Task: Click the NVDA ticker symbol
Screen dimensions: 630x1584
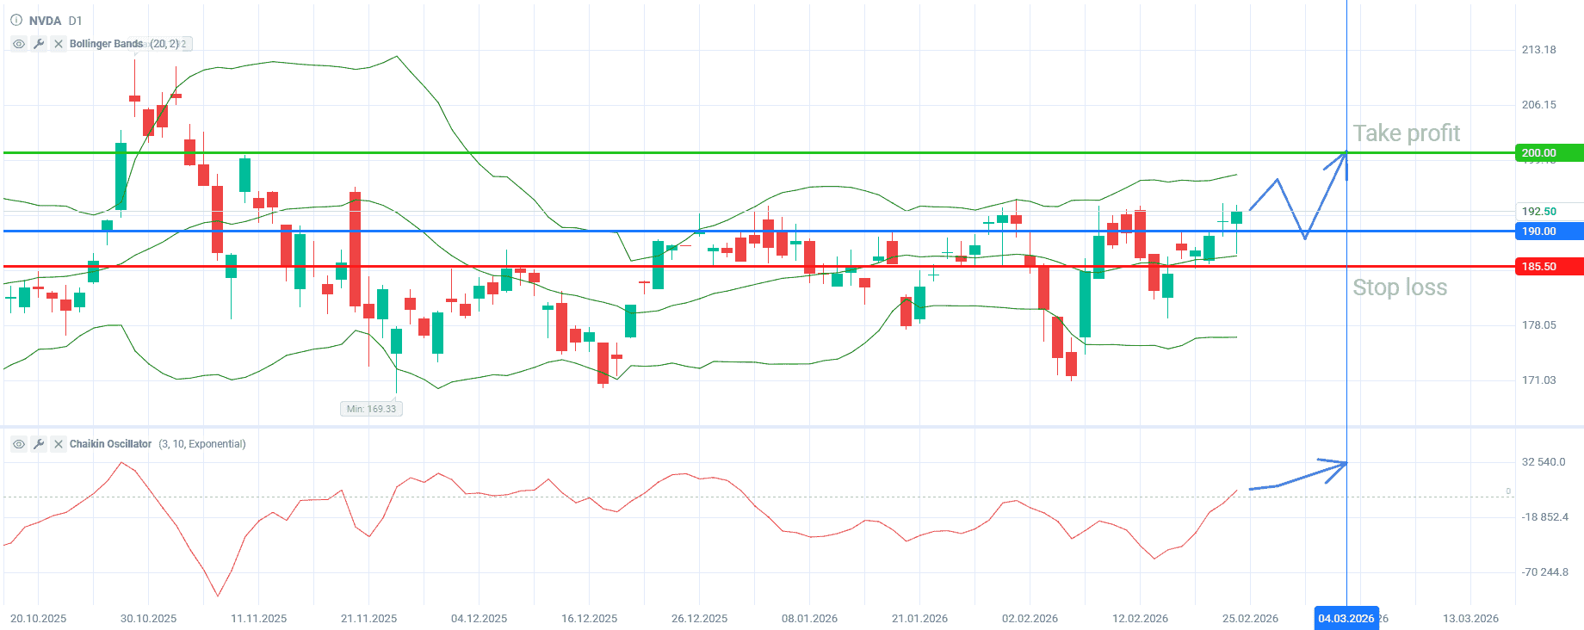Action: [x=45, y=21]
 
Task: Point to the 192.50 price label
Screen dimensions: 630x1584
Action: [x=1538, y=212]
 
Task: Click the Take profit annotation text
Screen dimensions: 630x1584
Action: [x=1406, y=133]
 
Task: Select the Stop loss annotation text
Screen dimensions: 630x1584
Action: [x=1400, y=287]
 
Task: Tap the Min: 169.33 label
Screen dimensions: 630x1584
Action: [x=371, y=409]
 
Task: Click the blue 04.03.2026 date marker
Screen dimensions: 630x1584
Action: [x=1346, y=619]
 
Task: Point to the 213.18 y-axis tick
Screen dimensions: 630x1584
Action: [x=1538, y=50]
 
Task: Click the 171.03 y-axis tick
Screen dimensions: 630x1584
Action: [x=1538, y=380]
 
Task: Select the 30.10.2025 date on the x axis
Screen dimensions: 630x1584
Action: [x=148, y=619]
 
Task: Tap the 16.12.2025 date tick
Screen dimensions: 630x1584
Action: [x=589, y=619]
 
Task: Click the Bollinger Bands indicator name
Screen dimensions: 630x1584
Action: [x=106, y=44]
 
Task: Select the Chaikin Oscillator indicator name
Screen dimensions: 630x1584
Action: [x=110, y=444]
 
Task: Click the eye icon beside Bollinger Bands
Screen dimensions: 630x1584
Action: [x=19, y=44]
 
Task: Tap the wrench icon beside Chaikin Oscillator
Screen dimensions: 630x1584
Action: [x=39, y=444]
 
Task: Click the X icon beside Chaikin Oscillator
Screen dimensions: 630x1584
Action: [x=59, y=444]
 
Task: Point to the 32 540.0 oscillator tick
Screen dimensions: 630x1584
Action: [x=1543, y=462]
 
